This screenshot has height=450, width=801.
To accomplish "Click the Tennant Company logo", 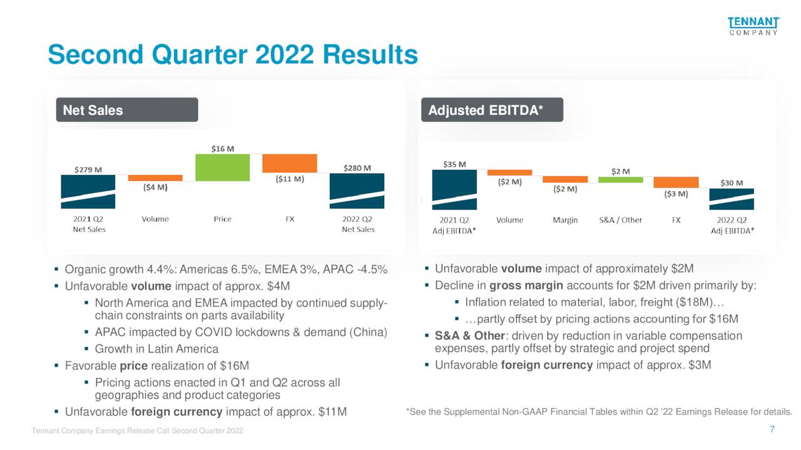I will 753,26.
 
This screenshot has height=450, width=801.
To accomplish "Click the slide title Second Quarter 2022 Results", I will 233,55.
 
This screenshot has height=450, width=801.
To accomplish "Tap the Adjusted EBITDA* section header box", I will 491,110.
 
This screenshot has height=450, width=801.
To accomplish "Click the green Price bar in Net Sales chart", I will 222,167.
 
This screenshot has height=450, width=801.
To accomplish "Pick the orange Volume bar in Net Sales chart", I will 155,178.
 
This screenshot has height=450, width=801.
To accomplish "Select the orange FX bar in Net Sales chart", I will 289,163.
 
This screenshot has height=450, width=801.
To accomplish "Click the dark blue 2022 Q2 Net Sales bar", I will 357,191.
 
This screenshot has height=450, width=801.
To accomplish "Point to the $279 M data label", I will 88,169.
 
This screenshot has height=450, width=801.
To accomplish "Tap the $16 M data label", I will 222,149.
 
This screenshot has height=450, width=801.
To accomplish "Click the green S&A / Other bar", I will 620,179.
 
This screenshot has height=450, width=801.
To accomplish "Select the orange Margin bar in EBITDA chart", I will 565,179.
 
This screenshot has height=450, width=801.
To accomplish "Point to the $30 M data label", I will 732,183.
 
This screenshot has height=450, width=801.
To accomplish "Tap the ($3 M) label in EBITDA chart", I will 676,194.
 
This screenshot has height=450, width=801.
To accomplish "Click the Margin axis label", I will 565,220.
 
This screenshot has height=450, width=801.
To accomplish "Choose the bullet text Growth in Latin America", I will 156,349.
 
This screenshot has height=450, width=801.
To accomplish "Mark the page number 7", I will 772,429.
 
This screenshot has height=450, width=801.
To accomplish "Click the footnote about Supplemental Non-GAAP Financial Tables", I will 599,412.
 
